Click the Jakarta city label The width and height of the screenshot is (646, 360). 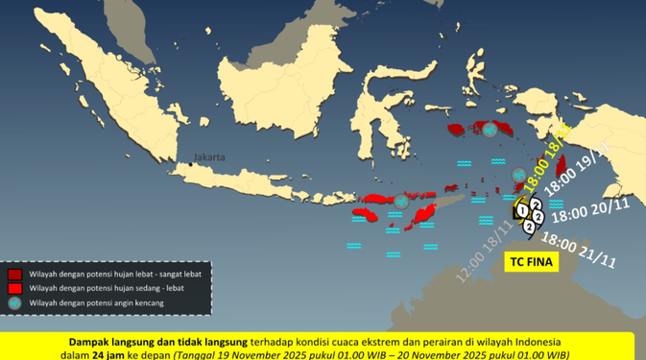[x=208, y=156]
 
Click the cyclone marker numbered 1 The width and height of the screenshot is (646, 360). [x=520, y=208]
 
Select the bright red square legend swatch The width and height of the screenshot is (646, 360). [x=15, y=288]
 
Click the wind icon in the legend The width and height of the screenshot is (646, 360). [x=15, y=303]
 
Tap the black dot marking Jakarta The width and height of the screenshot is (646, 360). [x=191, y=164]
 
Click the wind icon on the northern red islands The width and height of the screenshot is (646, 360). [x=492, y=131]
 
